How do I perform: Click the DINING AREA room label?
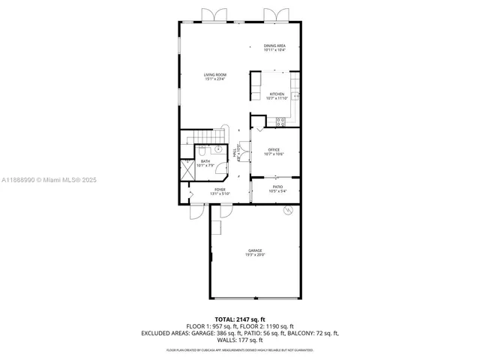(x=274, y=46)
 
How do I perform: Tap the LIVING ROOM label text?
(x=214, y=74)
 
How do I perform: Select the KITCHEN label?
(x=277, y=94)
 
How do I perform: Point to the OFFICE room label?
(x=274, y=150)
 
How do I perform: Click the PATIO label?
(x=277, y=187)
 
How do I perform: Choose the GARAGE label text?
(x=254, y=250)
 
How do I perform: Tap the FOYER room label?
(x=220, y=190)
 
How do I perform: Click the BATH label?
(x=205, y=161)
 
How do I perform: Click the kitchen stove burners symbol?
(x=280, y=121)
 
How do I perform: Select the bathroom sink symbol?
(x=221, y=149)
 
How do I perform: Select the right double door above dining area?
(x=274, y=15)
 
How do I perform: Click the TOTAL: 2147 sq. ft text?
(x=239, y=320)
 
